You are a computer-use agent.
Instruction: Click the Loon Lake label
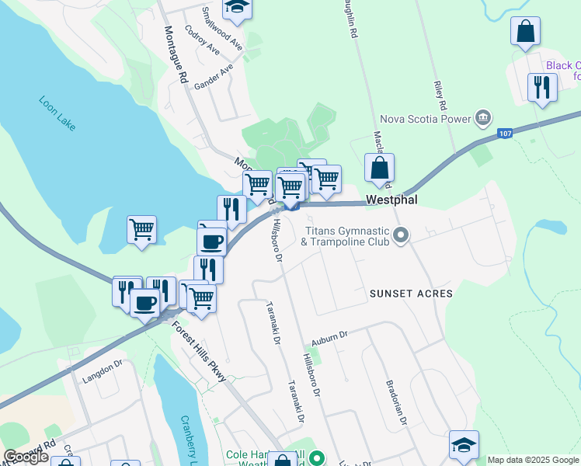pyautogui.click(x=57, y=113)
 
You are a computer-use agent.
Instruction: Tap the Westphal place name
pyautogui.click(x=392, y=200)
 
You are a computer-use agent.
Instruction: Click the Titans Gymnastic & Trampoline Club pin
pyautogui.click(x=401, y=235)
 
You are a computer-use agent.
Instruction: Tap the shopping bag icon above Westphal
pyautogui.click(x=379, y=169)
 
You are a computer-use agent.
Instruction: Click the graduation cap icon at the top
pyautogui.click(x=237, y=8)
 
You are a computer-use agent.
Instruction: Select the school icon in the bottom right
pyautogui.click(x=464, y=446)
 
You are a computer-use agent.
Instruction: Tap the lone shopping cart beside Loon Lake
pyautogui.click(x=142, y=230)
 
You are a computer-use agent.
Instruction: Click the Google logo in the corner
pyautogui.click(x=26, y=457)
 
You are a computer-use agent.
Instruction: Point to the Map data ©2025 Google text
pyautogui.click(x=533, y=460)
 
